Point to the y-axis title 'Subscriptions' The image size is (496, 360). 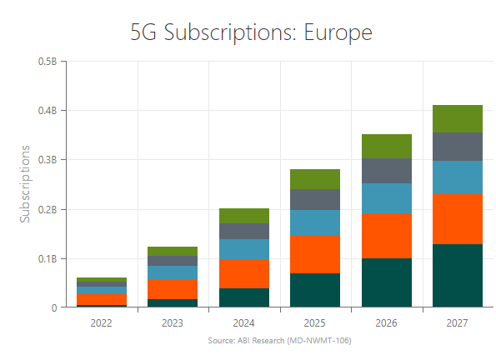point(26,184)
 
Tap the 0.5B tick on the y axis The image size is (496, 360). point(47,62)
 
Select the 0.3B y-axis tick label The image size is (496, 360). point(47,160)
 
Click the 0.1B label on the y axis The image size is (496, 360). point(47,258)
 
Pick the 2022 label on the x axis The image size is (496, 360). point(103,322)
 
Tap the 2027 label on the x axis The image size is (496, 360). point(458,322)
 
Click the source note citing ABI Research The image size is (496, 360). point(279,341)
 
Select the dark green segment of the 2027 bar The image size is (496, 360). point(458,276)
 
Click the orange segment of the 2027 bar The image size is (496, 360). point(458,217)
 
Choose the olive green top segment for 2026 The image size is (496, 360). point(387,147)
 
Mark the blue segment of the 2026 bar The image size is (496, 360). point(387,198)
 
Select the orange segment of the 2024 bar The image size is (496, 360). point(244,273)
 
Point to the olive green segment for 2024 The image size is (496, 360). point(244,216)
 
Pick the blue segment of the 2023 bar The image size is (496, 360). point(173,272)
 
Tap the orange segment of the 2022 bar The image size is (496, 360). point(103,300)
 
